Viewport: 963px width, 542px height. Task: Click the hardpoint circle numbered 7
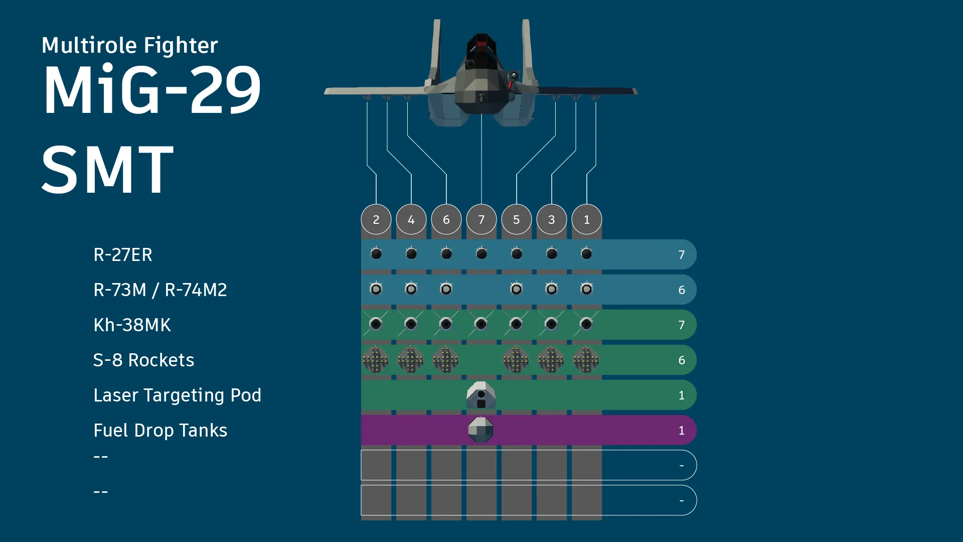(x=481, y=219)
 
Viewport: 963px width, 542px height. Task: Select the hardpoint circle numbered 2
(x=376, y=219)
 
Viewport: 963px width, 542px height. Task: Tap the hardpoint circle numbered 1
(x=586, y=219)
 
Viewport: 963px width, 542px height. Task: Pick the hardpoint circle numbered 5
(x=516, y=219)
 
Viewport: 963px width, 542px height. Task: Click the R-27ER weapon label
(x=123, y=255)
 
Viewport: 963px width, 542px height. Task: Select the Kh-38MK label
(x=132, y=325)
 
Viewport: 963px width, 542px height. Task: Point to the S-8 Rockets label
(x=144, y=360)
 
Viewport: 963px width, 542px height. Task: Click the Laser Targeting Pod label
(x=178, y=395)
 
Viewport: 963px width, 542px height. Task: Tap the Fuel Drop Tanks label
(x=160, y=431)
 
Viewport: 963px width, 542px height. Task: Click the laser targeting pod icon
(x=481, y=395)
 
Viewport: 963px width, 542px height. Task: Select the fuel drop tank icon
(x=481, y=430)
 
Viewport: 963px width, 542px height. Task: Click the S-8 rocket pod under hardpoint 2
(x=376, y=360)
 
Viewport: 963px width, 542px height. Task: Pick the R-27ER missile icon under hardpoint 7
(x=481, y=254)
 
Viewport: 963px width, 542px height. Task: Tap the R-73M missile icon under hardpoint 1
(x=586, y=289)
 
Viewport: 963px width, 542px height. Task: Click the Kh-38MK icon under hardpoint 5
(x=516, y=324)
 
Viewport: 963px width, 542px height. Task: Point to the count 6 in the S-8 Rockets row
(x=681, y=360)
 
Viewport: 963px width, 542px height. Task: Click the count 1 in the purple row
(x=681, y=431)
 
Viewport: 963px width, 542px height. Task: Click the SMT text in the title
(x=108, y=169)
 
